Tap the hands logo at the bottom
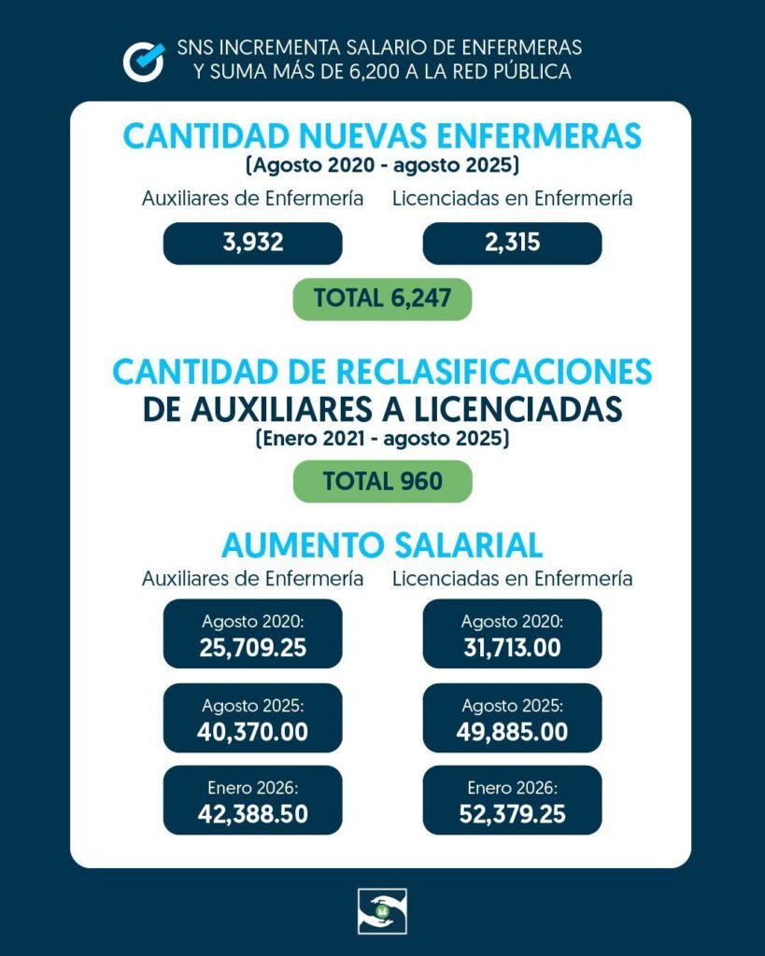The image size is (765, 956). pos(382,911)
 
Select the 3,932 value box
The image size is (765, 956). pos(252,244)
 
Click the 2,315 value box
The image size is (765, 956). pos(512,244)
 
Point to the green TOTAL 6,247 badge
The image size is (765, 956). pos(382,299)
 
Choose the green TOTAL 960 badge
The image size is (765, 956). pos(382,482)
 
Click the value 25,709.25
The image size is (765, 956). pos(252,647)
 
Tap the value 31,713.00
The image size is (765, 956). pos(512,647)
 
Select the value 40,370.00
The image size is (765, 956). pos(252,732)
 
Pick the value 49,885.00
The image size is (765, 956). pos(512,732)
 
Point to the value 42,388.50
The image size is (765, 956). pos(252,814)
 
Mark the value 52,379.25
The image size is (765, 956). pos(512,814)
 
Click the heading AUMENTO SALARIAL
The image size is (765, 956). pos(382,544)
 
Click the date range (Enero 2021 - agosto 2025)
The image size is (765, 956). pos(382,439)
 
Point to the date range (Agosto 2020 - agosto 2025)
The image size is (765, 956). pos(382,167)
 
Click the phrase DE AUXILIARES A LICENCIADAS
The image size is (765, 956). pos(382,408)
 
